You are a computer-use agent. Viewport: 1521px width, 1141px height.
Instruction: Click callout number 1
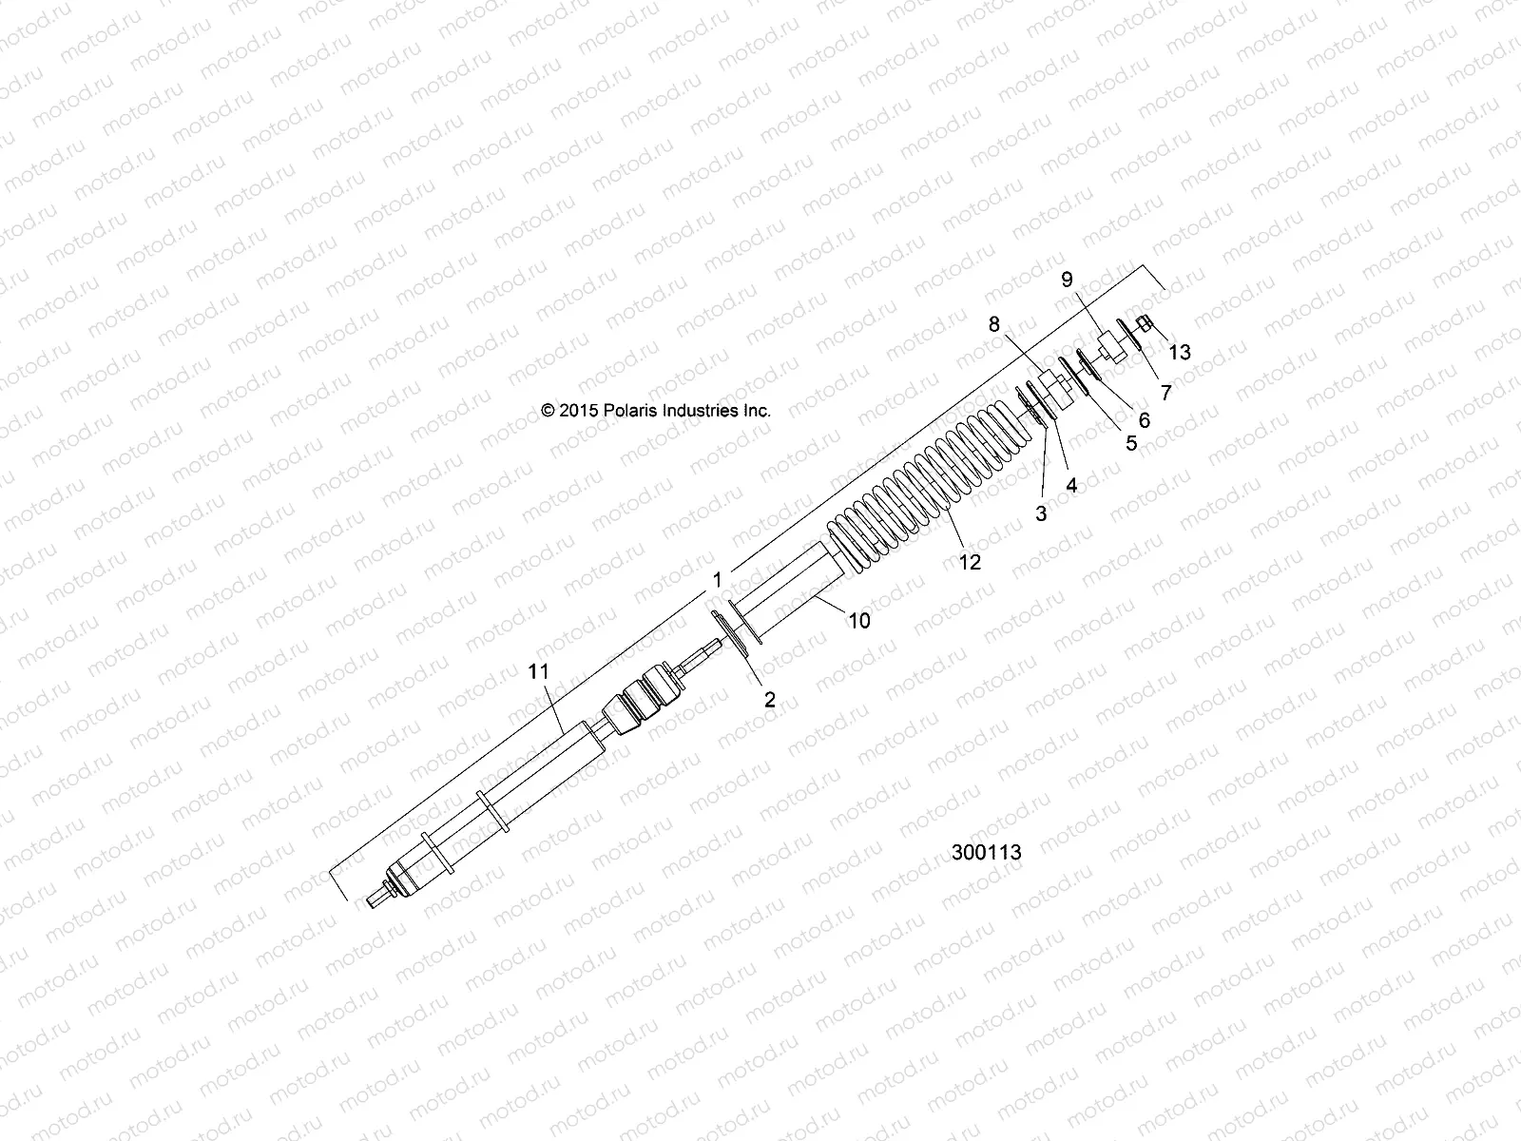coord(718,579)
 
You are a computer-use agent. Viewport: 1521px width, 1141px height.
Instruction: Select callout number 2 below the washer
coord(770,700)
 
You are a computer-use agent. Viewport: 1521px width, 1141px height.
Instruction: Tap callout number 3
coord(1041,513)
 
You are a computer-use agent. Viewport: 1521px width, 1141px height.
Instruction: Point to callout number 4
coord(1071,485)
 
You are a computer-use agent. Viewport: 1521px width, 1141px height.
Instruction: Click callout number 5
coord(1131,442)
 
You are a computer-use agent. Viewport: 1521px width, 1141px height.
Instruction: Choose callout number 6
coord(1144,419)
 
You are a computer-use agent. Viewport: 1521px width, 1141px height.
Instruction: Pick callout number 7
coord(1165,392)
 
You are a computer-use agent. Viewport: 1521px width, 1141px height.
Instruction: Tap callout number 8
coord(994,324)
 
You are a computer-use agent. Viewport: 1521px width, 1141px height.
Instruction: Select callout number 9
coord(1067,279)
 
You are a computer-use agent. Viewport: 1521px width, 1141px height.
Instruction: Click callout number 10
coord(858,621)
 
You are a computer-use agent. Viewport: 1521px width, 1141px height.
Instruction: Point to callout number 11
coord(539,671)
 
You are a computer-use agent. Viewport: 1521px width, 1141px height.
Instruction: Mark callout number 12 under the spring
coord(970,563)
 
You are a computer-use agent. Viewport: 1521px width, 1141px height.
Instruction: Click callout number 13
coord(1180,353)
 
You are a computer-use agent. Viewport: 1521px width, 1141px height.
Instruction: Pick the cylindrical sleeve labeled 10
coord(789,594)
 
